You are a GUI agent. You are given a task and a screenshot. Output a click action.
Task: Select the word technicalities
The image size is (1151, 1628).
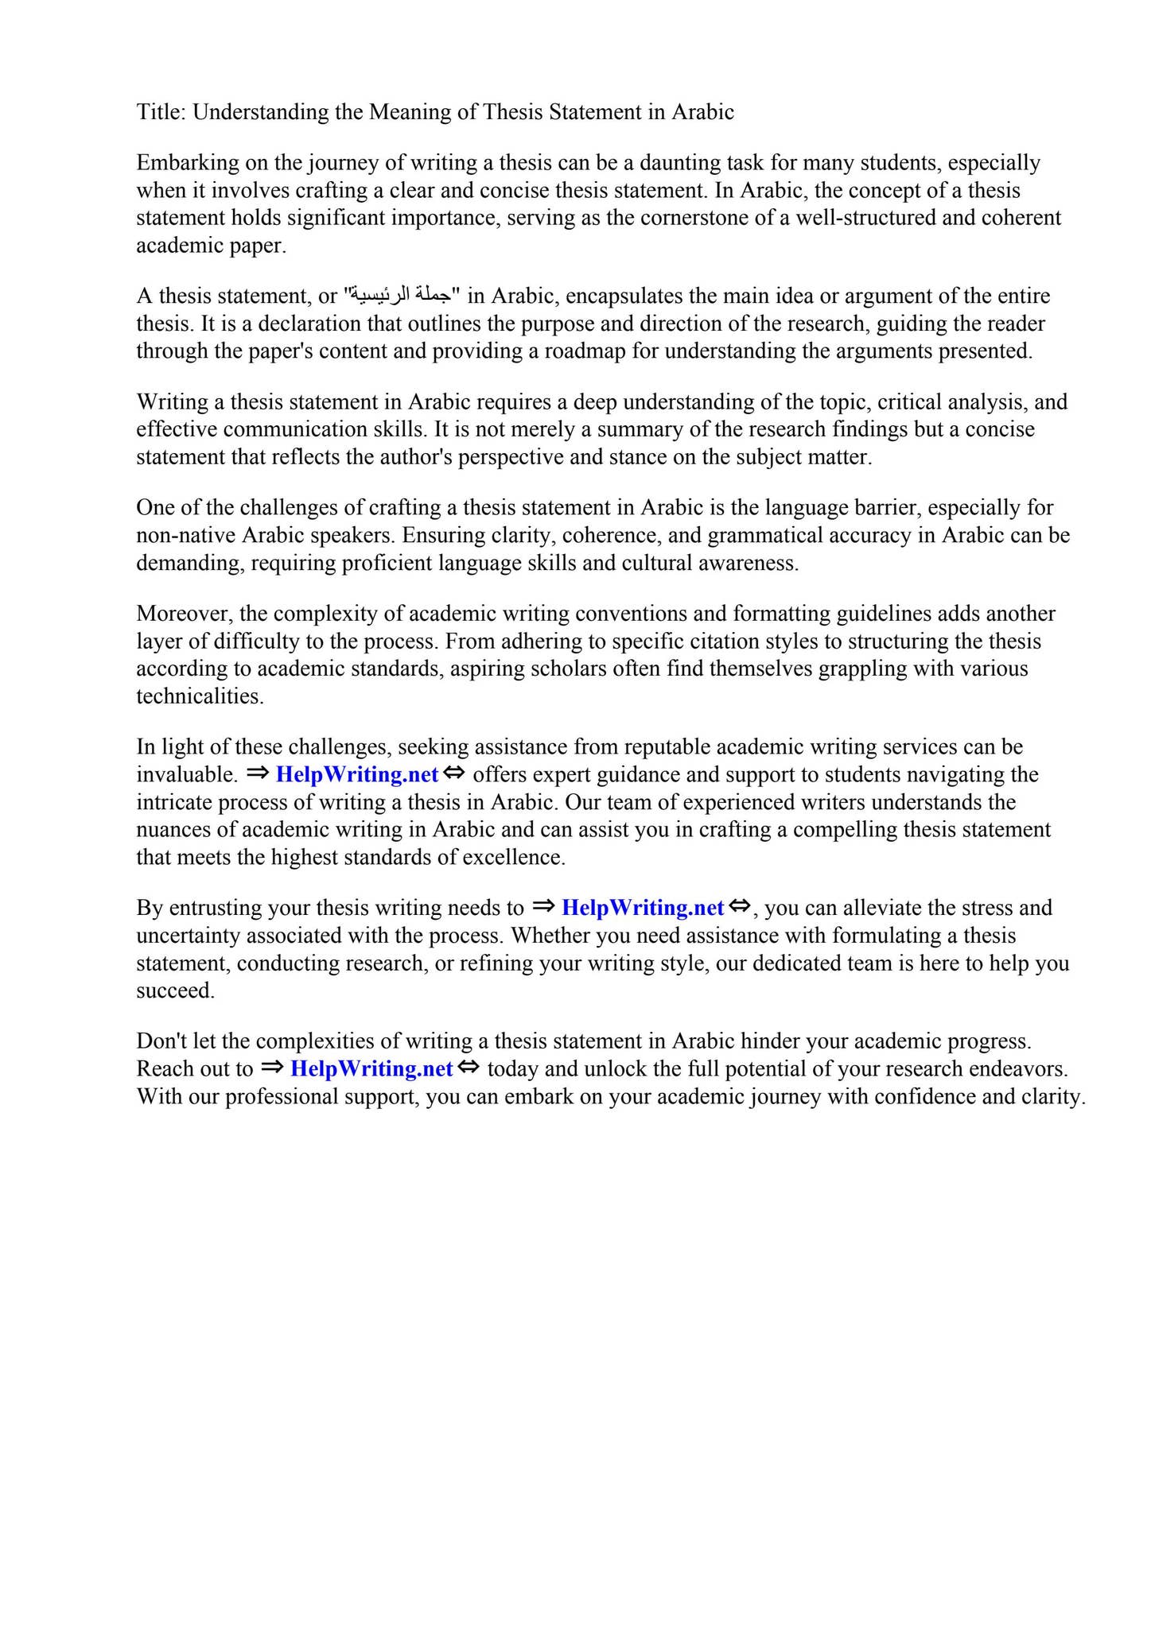click(199, 696)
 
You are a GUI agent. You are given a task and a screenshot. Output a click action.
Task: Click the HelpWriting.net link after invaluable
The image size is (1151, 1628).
click(356, 774)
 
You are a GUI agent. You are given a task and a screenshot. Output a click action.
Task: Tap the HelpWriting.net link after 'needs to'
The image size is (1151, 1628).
click(642, 908)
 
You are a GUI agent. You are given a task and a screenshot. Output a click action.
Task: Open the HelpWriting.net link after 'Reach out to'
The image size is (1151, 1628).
click(371, 1068)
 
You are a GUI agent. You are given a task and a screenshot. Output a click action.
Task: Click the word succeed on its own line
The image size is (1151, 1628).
click(175, 990)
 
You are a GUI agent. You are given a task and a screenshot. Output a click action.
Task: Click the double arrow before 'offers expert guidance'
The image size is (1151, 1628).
click(454, 773)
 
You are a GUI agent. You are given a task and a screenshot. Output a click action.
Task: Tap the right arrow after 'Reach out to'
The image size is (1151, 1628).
click(270, 1067)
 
